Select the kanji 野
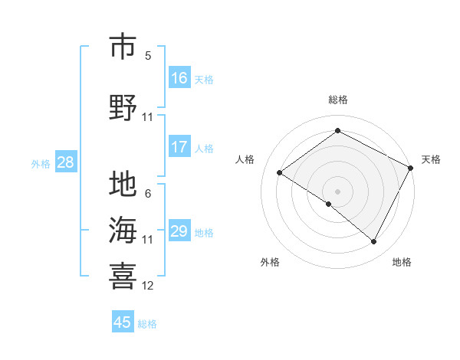click(x=123, y=108)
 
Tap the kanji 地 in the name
click(x=123, y=185)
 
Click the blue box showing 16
click(x=179, y=78)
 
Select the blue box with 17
click(x=179, y=147)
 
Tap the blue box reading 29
click(x=179, y=231)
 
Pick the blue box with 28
click(x=65, y=162)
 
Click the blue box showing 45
click(x=123, y=322)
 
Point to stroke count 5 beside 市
click(x=148, y=55)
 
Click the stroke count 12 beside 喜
click(x=148, y=286)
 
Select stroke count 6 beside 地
click(x=148, y=194)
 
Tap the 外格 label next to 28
click(x=41, y=163)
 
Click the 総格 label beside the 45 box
click(x=147, y=323)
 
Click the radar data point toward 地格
click(x=374, y=242)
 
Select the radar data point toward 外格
click(x=329, y=205)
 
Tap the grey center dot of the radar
click(x=337, y=191)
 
